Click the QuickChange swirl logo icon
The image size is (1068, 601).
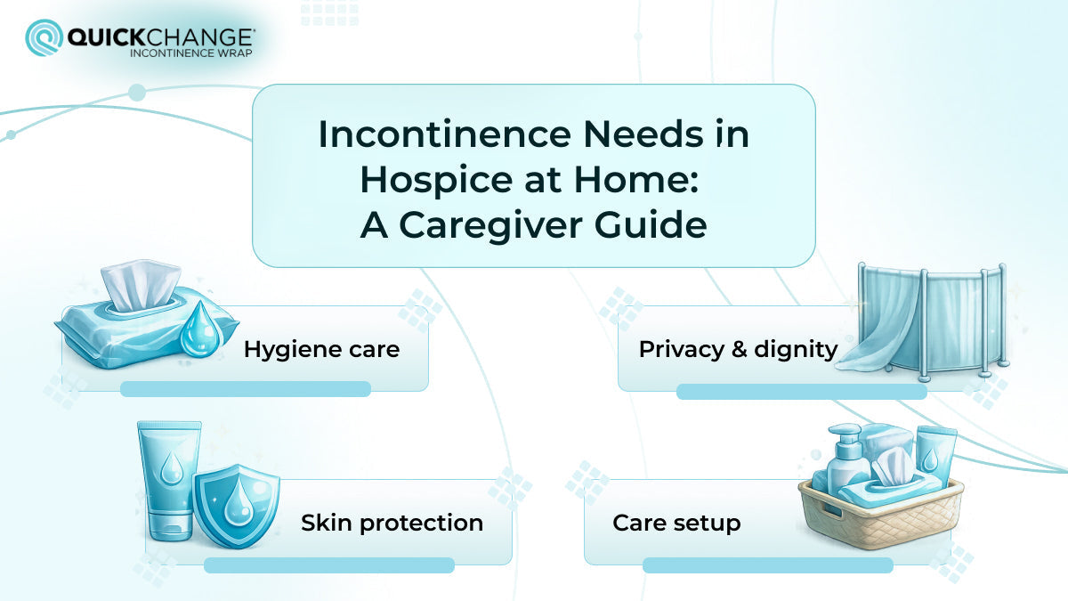coord(44,37)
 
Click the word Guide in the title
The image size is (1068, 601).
coord(658,224)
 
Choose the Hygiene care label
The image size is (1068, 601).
coord(321,349)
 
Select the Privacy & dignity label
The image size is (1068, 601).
coord(738,349)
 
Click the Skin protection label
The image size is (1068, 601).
coord(392,523)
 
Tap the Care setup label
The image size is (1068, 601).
coord(676,523)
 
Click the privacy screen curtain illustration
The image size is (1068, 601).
coord(926,316)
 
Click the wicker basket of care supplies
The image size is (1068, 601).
coord(880,516)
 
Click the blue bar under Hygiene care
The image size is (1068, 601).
coord(245,388)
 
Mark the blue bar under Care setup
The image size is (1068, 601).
coord(767,564)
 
